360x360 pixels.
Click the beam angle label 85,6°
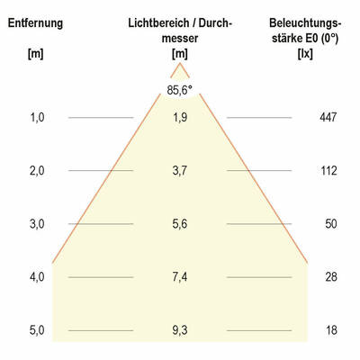tap(180, 89)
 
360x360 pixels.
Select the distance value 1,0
tap(36, 117)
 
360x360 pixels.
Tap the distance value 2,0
tap(36, 170)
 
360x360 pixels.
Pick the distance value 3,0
tap(36, 223)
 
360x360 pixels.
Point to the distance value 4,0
tap(36, 276)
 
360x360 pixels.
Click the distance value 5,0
tap(36, 330)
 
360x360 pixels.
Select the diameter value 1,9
tap(180, 117)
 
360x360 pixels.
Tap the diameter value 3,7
tap(180, 170)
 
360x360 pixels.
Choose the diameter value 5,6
tap(180, 223)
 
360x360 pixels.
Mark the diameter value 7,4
tap(180, 276)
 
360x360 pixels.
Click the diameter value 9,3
tap(180, 330)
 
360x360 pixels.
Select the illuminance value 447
tap(328, 117)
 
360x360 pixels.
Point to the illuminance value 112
tap(328, 170)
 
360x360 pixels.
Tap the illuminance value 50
tap(330, 223)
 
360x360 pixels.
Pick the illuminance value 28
tap(330, 276)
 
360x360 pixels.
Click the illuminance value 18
tap(330, 330)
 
